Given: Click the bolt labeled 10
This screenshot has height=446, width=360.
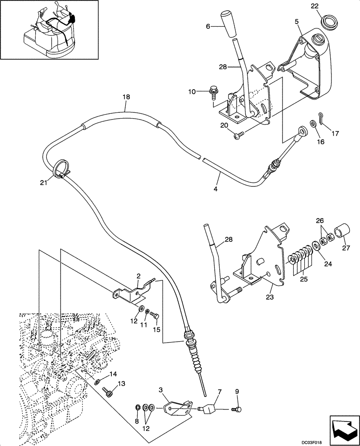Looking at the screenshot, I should point(213,94).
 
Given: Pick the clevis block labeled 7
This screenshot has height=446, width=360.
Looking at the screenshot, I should point(209,408).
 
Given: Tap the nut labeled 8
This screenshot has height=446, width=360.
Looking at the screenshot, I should point(138,407).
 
